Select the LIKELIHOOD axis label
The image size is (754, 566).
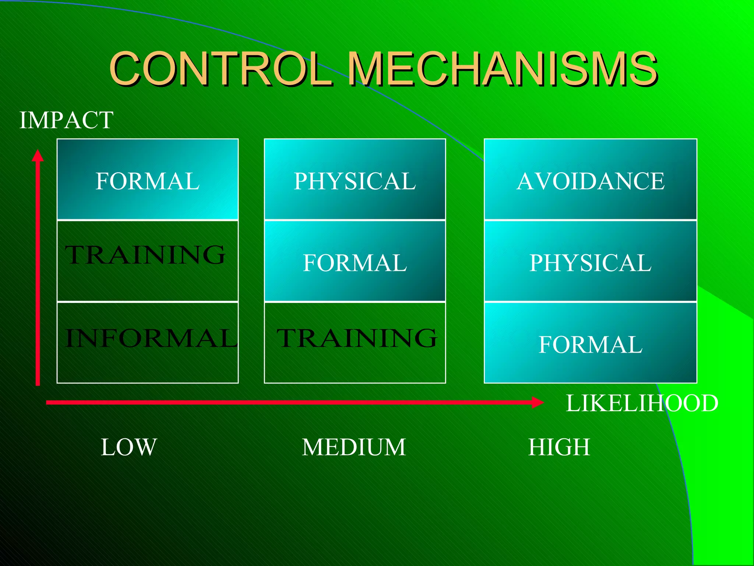(642, 403)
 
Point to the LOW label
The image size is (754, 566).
(129, 447)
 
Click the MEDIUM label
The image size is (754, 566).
(354, 447)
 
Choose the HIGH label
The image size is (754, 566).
(559, 447)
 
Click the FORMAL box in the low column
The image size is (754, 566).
(148, 179)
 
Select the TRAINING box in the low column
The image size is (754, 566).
(148, 261)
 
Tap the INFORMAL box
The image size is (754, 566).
(148, 342)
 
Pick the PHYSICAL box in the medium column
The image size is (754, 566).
(355, 179)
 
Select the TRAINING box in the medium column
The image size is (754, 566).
(355, 342)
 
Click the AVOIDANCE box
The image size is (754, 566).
(590, 179)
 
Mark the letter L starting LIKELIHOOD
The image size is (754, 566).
(573, 403)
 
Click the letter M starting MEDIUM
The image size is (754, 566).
(312, 447)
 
